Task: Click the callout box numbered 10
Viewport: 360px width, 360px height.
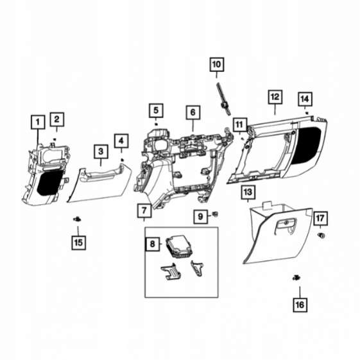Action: [216, 65]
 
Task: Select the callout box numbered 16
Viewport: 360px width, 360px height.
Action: [300, 305]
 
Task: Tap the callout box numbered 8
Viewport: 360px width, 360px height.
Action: [153, 244]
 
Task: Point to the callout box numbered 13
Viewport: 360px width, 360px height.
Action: [248, 192]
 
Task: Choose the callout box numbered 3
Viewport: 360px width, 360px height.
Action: [101, 151]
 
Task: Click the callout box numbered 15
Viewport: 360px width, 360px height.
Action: [78, 243]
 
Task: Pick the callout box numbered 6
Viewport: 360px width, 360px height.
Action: [193, 112]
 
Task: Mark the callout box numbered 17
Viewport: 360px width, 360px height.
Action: [320, 218]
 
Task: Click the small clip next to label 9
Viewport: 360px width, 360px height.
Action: [215, 214]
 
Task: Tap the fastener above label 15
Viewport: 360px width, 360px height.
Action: [77, 219]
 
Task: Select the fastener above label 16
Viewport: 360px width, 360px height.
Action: [296, 278]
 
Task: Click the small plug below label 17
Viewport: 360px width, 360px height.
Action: [321, 236]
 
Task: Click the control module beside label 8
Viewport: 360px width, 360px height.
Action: [179, 247]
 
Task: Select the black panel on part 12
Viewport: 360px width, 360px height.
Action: [306, 144]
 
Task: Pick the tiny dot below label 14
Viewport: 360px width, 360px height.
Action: [306, 113]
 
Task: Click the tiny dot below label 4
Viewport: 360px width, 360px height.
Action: [122, 160]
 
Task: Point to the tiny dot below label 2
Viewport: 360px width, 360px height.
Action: [55, 139]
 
